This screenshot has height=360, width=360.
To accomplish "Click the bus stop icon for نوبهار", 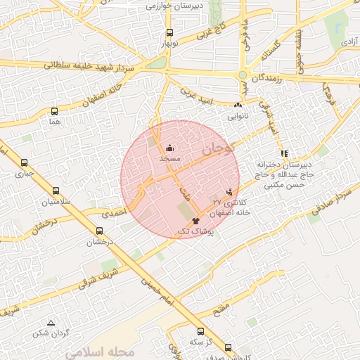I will click(169, 32).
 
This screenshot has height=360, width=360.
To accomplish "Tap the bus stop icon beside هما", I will click(55, 110).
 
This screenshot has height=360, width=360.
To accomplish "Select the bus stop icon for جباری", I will click(25, 162).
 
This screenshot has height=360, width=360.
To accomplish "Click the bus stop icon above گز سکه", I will click(201, 331).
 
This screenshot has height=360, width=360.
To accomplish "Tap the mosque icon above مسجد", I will click(169, 148).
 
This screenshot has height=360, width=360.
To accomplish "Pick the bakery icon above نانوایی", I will click(238, 105).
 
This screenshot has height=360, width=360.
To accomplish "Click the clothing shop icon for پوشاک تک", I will click(195, 220).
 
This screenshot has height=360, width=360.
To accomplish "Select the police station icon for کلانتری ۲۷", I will click(229, 191).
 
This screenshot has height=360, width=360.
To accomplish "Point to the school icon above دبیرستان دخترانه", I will click(284, 153).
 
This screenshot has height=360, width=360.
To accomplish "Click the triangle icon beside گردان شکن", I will click(50, 322).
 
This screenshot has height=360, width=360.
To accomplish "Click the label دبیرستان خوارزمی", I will click(174, 6).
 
